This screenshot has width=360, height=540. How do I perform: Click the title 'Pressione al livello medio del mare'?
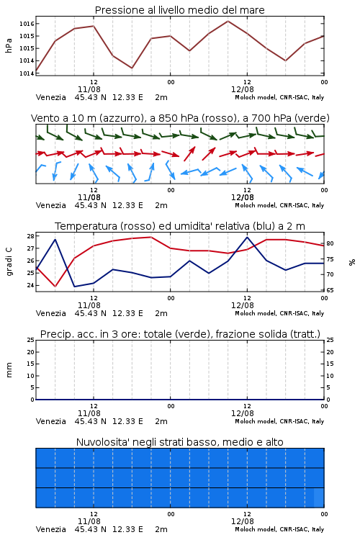point(179,10)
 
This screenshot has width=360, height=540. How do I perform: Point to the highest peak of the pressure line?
point(228,21)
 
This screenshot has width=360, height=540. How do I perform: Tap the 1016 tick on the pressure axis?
point(27,24)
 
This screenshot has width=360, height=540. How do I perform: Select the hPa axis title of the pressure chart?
point(9,45)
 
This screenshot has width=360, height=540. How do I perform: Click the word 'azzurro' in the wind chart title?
point(120,119)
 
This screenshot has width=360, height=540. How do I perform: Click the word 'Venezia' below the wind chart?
point(50,205)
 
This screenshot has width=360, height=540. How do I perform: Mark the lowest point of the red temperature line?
point(55,286)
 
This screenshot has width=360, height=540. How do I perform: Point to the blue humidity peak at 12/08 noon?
point(247,238)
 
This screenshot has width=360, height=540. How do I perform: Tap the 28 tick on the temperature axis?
point(30,236)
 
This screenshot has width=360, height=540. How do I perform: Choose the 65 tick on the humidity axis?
point(330,290)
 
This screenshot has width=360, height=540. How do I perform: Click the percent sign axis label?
point(352,262)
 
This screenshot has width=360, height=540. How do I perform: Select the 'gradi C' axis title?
point(9,261)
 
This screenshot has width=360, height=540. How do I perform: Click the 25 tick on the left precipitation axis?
point(30,340)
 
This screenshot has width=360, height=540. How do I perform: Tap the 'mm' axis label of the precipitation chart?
point(9,370)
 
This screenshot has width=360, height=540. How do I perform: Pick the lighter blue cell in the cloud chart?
point(319,498)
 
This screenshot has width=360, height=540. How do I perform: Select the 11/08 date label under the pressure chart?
point(89,89)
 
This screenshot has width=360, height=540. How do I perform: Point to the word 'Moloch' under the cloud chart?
point(245,529)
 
